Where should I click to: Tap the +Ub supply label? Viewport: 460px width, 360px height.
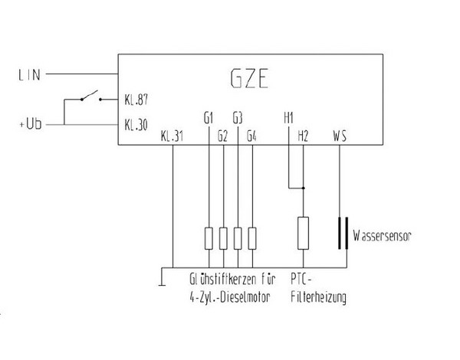pos(31,123)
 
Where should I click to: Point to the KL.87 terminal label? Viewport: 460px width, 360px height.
pos(135,100)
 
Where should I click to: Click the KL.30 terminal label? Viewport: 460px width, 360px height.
pos(135,123)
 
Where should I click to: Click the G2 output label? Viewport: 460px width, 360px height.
pos(222,136)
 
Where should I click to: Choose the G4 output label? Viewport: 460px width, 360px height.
pos(252,136)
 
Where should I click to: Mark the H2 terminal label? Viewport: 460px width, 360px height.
pos(303,136)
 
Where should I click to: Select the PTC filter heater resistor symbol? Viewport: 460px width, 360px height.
pos(303,232)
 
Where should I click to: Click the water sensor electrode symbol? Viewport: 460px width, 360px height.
pos(340,235)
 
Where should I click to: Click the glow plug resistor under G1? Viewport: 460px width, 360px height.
pos(209,238)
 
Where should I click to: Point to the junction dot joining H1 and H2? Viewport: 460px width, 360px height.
pos(303,187)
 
